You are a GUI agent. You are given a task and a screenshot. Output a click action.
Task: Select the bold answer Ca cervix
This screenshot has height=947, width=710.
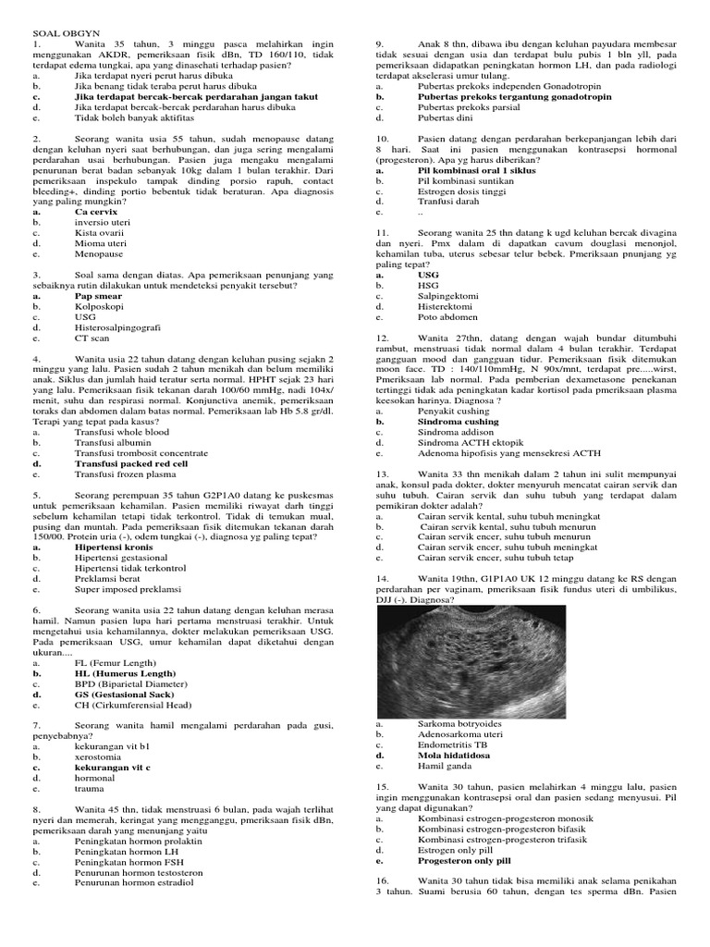coord(95,212)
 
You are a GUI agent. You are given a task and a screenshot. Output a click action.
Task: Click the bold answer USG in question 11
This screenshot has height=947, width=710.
coord(428,275)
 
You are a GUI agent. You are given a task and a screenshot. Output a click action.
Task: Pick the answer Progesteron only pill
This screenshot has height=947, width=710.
coord(464,860)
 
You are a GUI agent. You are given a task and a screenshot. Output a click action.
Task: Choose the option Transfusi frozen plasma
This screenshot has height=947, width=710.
coord(125,473)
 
